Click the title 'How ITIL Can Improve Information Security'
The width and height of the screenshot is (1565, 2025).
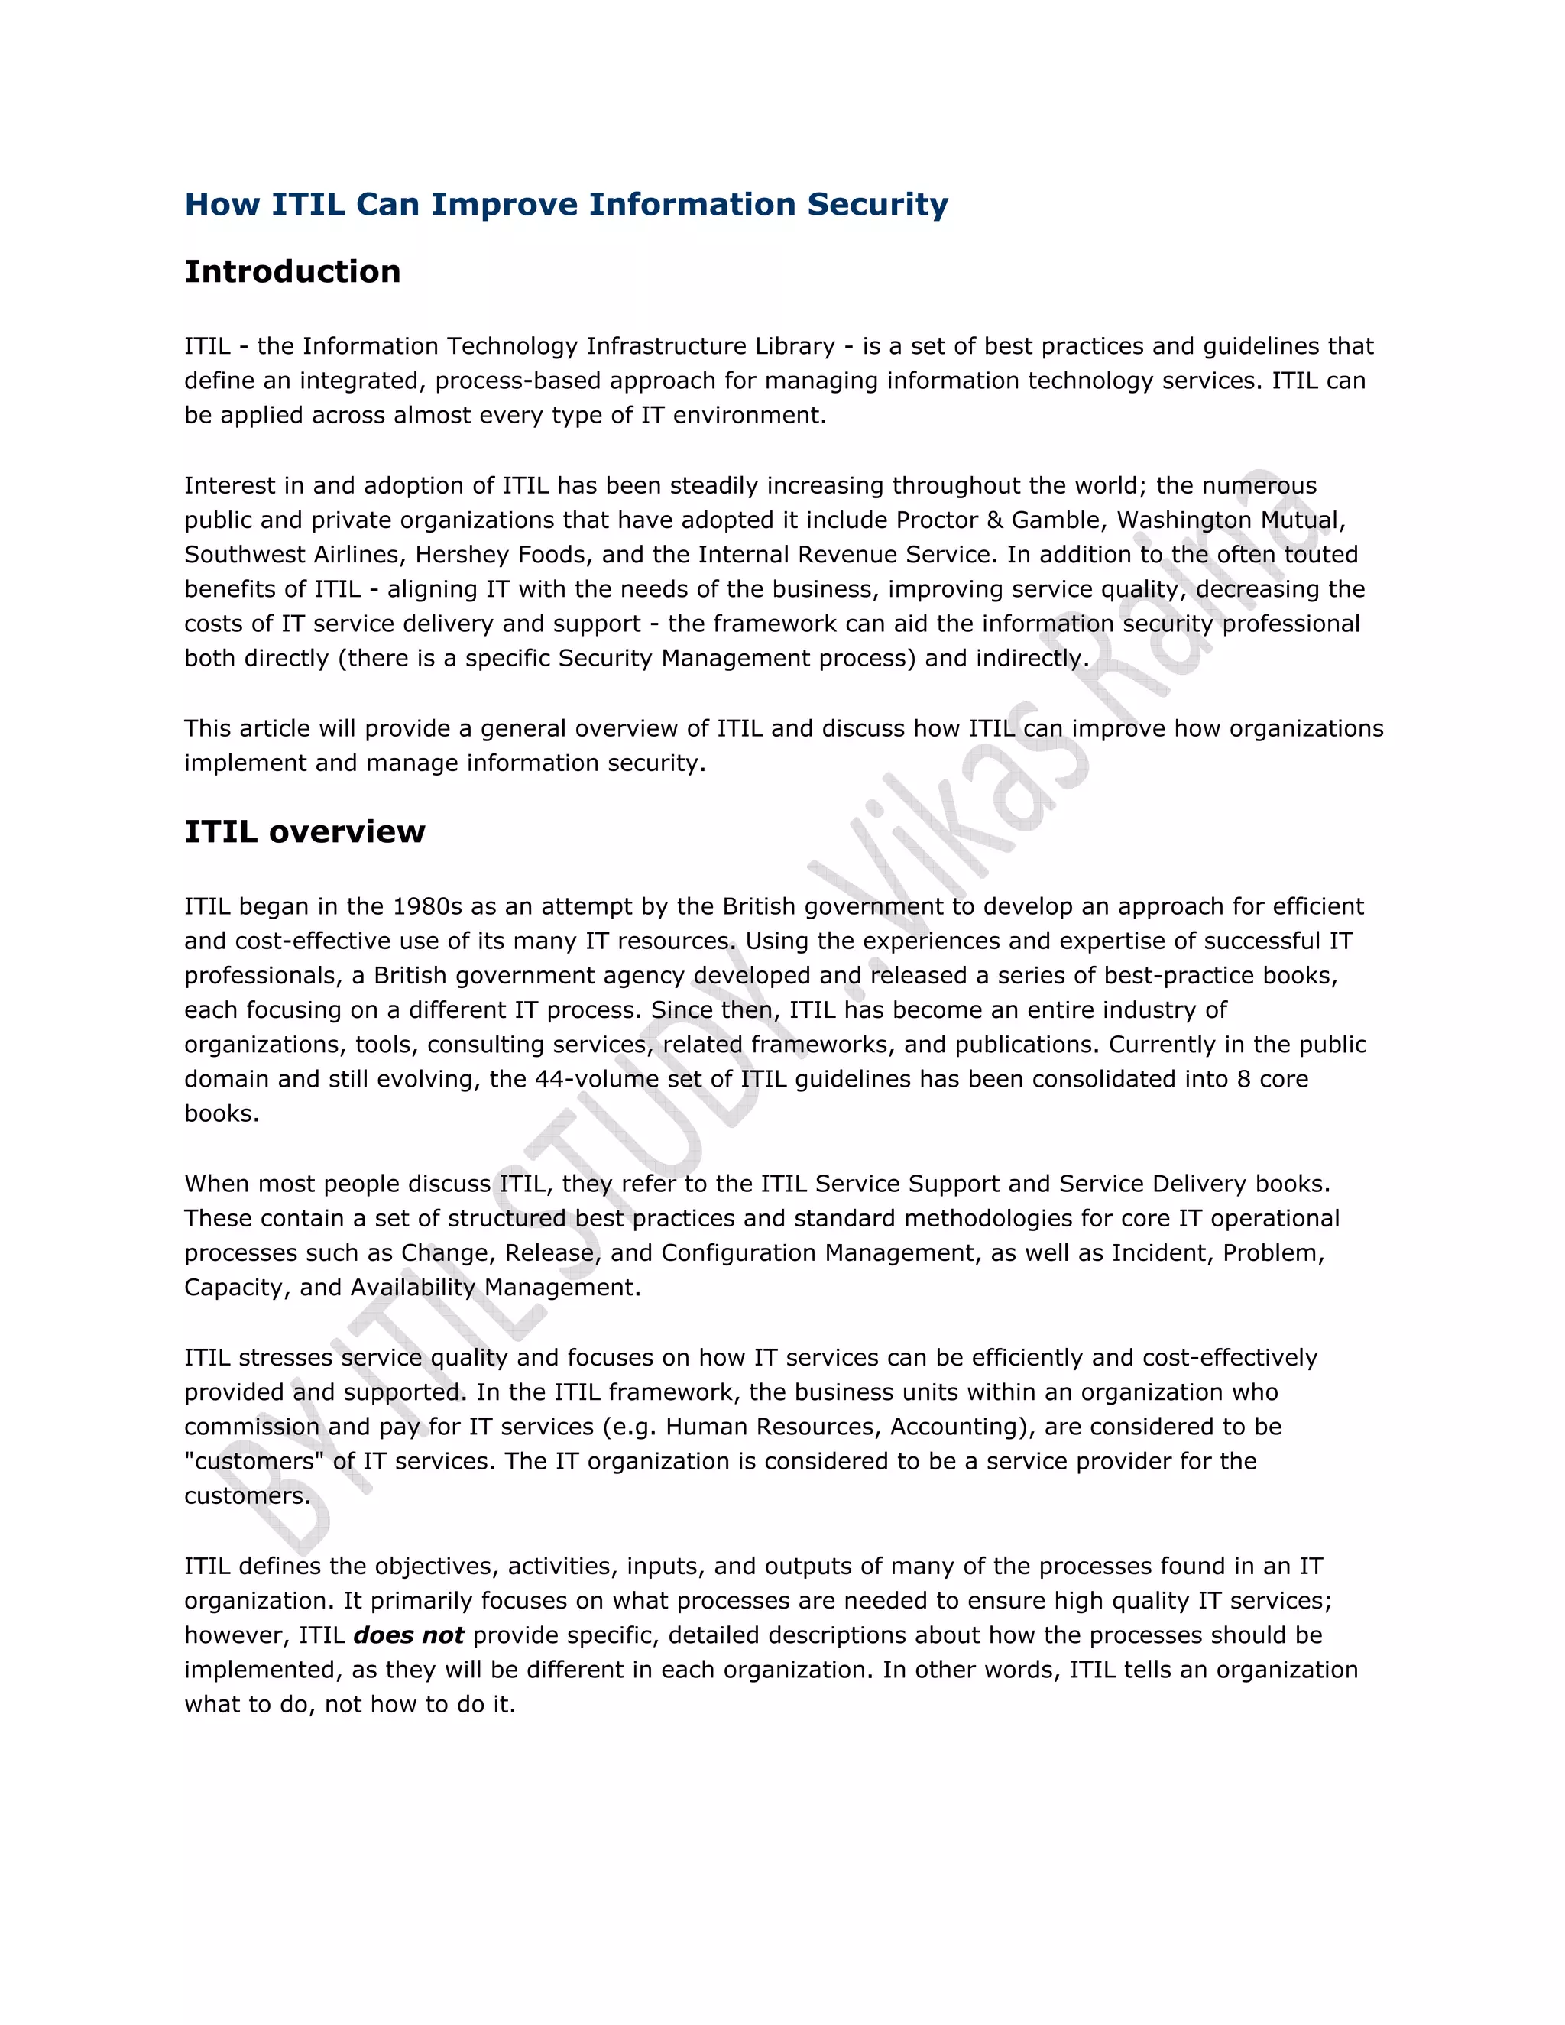(565, 204)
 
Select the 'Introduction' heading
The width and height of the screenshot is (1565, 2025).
(292, 272)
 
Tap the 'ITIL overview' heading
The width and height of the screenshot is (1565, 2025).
(304, 831)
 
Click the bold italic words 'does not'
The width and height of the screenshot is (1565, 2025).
(408, 1635)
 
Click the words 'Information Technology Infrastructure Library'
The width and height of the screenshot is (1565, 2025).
(569, 347)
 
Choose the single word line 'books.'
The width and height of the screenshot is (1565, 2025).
(222, 1113)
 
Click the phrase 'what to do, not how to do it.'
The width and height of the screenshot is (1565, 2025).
(349, 1704)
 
